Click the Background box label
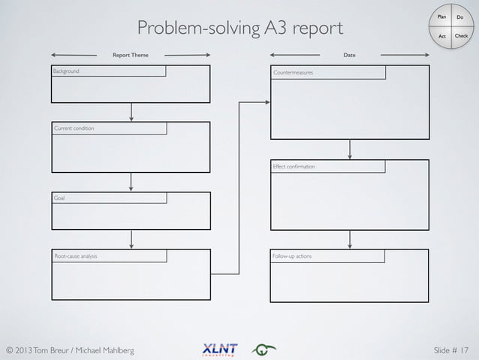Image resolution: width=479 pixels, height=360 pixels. pyautogui.click(x=66, y=71)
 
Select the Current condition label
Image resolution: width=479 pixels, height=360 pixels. pyautogui.click(x=74, y=129)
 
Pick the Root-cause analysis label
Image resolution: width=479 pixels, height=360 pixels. pyautogui.click(x=76, y=256)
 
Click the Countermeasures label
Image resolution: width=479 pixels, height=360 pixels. pyautogui.click(x=294, y=73)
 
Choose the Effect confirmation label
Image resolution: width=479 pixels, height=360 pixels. pyautogui.click(x=294, y=167)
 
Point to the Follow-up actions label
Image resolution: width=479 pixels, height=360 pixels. pyautogui.click(x=293, y=256)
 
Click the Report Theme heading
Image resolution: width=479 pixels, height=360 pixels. pyautogui.click(x=131, y=55)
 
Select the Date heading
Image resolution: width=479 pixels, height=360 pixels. pyautogui.click(x=349, y=55)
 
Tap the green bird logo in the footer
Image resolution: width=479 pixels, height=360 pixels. pyautogui.click(x=264, y=349)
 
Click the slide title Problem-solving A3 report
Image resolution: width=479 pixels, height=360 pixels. pyautogui.click(x=240, y=29)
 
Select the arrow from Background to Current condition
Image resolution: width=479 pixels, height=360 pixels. pyautogui.click(x=131, y=111)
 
